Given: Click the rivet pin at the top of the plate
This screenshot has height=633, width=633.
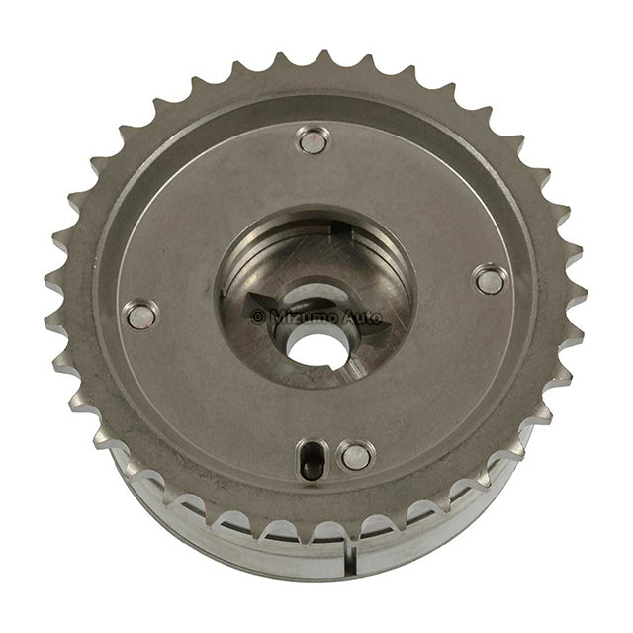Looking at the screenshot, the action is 314,140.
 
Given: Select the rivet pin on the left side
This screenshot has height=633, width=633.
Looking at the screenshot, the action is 140,315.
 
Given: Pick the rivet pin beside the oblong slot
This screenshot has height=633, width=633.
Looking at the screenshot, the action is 356,456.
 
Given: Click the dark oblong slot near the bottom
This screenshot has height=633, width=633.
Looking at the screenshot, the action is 311,459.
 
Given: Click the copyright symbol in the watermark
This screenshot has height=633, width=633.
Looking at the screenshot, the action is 258,316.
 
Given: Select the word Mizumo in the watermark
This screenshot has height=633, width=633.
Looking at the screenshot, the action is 304,317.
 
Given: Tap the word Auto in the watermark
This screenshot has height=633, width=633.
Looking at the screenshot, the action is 361,317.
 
